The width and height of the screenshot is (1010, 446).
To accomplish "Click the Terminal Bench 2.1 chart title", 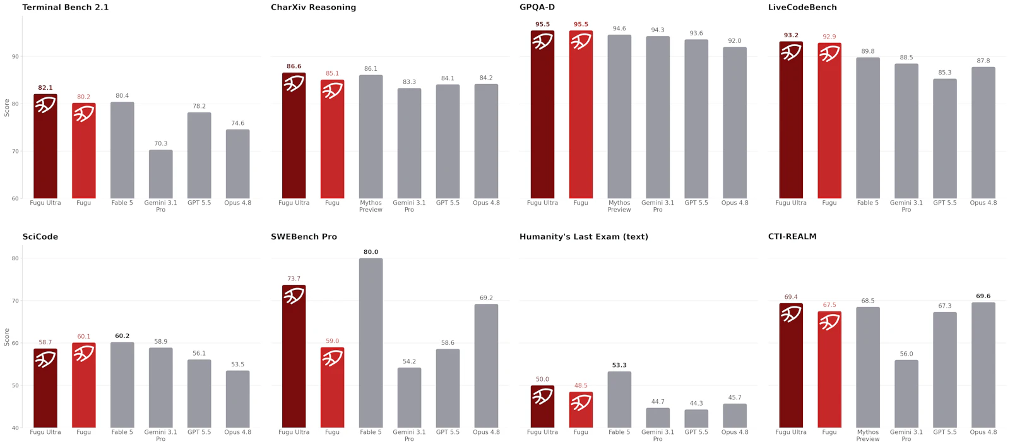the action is click(66, 7).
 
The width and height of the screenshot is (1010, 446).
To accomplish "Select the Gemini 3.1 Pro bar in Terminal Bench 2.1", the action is click(160, 174).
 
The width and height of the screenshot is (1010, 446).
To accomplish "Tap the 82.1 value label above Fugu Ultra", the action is click(45, 88).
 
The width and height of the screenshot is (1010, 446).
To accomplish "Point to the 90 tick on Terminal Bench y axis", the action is click(15, 56).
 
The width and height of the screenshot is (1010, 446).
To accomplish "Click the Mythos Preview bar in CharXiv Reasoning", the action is click(371, 136).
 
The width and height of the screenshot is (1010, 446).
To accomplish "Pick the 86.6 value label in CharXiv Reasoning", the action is click(294, 66).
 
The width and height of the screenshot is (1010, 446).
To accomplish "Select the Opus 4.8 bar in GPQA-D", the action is click(735, 123).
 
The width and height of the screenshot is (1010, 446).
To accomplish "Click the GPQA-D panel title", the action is click(537, 7).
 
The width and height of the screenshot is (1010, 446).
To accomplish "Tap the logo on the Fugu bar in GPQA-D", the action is click(581, 42).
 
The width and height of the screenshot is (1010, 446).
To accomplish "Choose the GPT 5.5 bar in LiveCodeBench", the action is click(944, 138).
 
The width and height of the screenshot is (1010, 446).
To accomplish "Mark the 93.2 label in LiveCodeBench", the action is click(791, 35).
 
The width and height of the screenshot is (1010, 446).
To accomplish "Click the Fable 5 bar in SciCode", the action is click(122, 385).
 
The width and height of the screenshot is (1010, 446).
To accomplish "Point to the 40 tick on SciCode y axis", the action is click(15, 428).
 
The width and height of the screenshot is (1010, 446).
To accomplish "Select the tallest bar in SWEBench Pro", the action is click(371, 342).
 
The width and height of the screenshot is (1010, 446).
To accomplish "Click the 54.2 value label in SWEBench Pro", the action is click(409, 361).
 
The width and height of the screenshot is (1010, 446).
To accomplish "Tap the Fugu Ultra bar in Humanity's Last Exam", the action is click(542, 406).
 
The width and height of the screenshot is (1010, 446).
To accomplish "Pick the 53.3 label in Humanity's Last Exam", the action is click(619, 365).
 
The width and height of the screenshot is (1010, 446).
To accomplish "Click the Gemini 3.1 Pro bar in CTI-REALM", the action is click(906, 394).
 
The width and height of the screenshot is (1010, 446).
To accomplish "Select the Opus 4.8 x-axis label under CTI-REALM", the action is click(983, 432).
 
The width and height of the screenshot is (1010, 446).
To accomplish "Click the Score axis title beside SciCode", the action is click(7, 337).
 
